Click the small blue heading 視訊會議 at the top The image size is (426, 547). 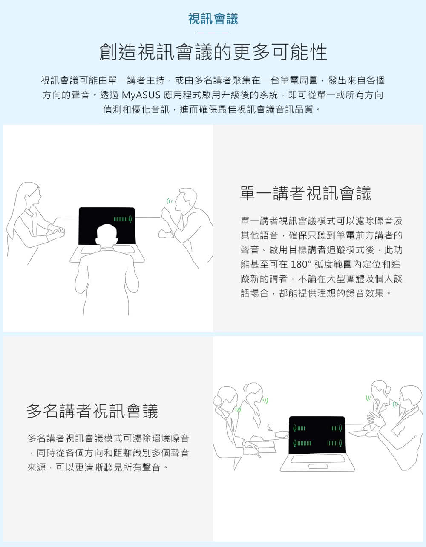213,19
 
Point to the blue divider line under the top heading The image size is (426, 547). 213,32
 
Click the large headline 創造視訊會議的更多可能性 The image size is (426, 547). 213,52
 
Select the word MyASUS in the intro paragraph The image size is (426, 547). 141,95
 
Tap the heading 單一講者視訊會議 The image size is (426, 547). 305,193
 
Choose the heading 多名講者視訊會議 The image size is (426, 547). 92,410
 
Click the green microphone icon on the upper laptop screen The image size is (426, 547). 130,219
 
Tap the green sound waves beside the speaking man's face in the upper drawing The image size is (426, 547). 169,201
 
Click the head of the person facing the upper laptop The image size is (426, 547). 107,235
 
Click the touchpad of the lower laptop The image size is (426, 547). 317,466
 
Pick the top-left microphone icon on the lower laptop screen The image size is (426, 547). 295,428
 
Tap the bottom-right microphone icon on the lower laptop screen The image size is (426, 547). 340,443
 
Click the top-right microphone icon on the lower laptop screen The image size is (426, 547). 340,428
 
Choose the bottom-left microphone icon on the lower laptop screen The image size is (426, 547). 295,443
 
